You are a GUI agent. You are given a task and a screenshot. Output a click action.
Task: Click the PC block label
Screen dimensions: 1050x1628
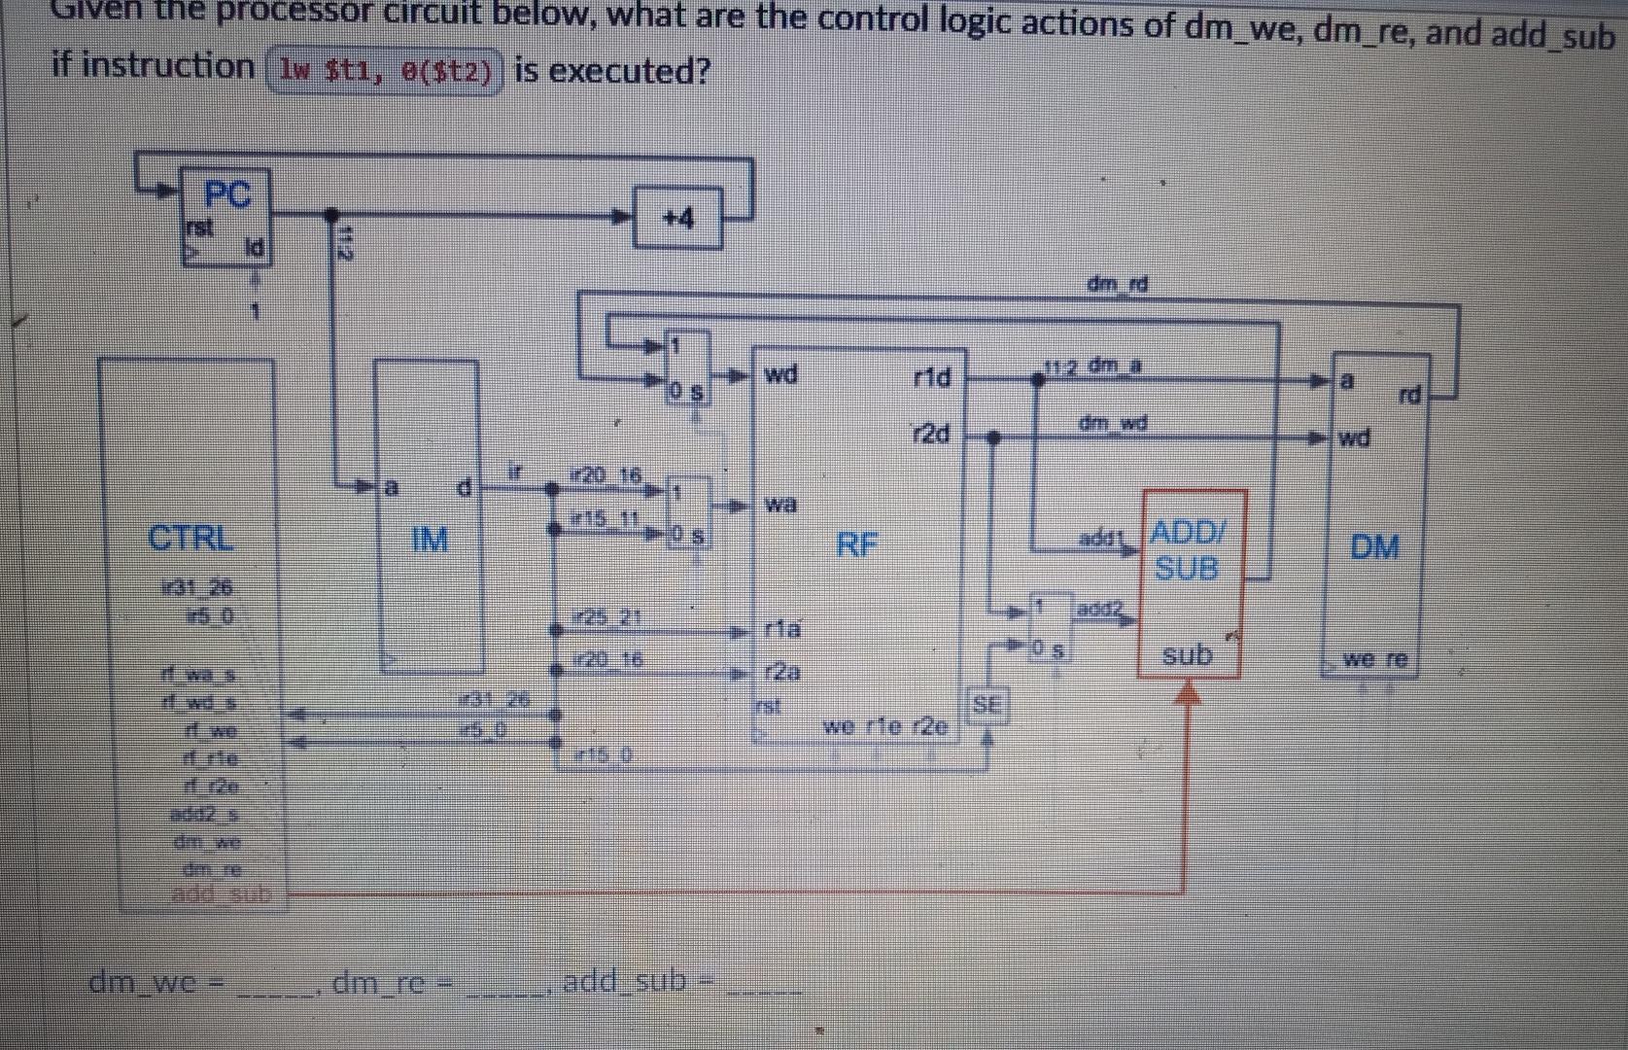pyautogui.click(x=227, y=194)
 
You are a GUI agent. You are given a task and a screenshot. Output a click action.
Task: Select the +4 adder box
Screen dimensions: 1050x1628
pyautogui.click(x=678, y=219)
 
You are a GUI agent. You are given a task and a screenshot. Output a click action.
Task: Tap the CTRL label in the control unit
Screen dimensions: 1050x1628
pyautogui.click(x=191, y=538)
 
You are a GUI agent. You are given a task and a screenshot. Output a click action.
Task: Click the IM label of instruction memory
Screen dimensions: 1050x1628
pyautogui.click(x=430, y=539)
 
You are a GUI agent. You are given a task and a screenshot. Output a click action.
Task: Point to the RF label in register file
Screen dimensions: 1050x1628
pyautogui.click(x=857, y=544)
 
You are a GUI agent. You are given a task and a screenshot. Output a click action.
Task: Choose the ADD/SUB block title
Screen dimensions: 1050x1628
pyautogui.click(x=1188, y=550)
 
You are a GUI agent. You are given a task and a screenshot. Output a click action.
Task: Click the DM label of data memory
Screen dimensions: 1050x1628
pyautogui.click(x=1374, y=547)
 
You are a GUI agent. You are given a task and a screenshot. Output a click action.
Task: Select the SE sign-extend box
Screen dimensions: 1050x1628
pyautogui.click(x=987, y=705)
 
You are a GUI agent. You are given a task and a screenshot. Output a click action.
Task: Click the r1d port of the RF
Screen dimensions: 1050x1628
pyautogui.click(x=931, y=376)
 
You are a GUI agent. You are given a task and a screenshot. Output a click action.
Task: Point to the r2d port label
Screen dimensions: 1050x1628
pyautogui.click(x=931, y=434)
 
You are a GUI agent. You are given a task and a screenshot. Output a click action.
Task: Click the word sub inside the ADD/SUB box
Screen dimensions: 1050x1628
pyautogui.click(x=1188, y=654)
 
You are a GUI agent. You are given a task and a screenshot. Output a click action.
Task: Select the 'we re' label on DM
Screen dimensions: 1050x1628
pyautogui.click(x=1374, y=659)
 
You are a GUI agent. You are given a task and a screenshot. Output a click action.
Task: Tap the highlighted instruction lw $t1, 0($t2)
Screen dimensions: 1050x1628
pyautogui.click(x=385, y=71)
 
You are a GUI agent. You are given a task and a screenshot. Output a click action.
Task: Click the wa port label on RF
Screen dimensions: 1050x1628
pyautogui.click(x=780, y=504)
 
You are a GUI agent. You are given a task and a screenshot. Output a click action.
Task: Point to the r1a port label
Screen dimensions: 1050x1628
pyautogui.click(x=782, y=629)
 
